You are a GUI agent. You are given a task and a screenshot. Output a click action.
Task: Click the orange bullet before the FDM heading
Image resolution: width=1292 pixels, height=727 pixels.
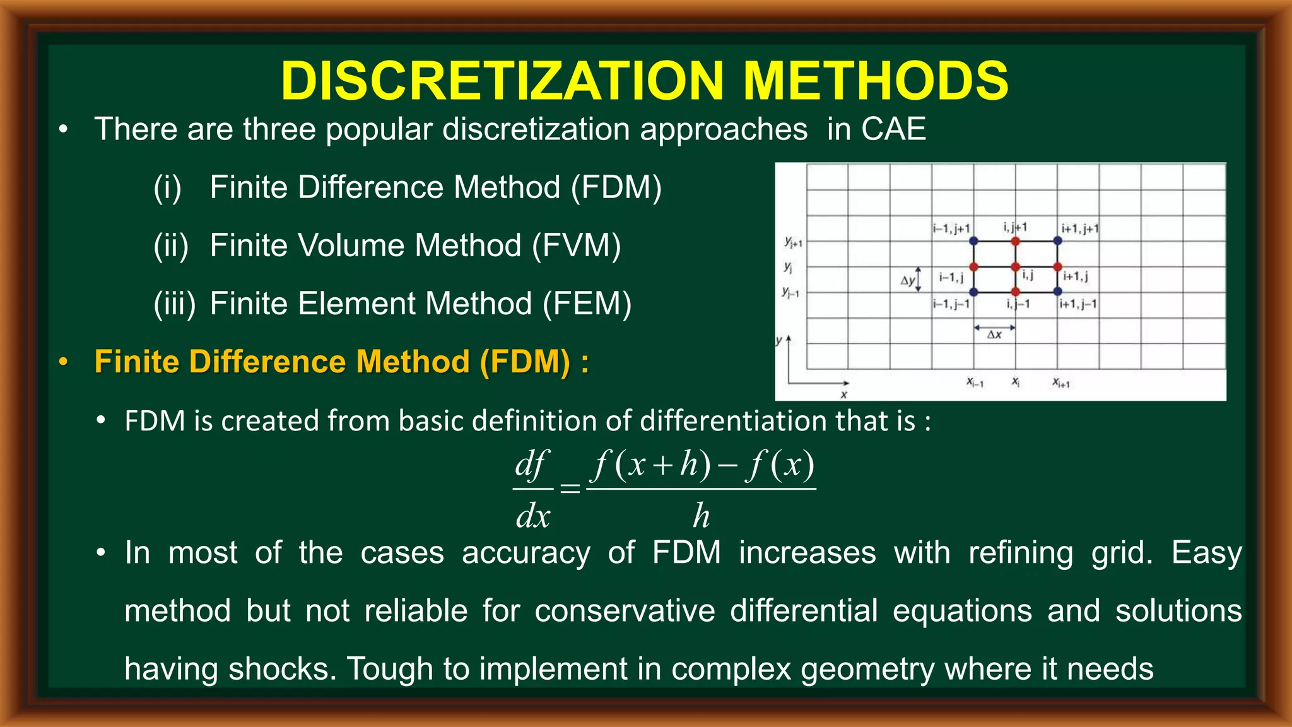62,363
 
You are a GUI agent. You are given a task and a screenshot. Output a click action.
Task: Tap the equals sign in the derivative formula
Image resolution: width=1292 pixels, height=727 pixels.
570,488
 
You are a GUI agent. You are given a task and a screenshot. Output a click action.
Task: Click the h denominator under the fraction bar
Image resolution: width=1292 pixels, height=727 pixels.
701,516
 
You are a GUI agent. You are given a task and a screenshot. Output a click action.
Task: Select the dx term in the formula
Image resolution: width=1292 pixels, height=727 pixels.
533,516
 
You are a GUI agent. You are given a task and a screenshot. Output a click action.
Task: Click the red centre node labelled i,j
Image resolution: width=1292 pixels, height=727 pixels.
1015,266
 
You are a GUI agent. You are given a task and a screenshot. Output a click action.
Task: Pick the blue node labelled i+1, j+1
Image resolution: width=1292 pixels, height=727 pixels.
1057,240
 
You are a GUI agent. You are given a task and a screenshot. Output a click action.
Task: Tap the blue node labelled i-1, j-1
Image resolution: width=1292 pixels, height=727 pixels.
973,292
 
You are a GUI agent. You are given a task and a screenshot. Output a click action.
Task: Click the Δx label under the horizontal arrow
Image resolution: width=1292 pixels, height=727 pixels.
994,335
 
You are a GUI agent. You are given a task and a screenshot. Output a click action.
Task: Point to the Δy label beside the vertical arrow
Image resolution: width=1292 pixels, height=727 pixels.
907,280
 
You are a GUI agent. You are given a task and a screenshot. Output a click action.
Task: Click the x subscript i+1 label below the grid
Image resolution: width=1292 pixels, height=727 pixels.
1060,382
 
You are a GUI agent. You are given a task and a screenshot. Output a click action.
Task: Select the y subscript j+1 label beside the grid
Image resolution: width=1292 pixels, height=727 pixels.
792,242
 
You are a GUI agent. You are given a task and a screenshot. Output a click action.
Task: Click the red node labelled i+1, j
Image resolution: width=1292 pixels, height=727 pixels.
1057,266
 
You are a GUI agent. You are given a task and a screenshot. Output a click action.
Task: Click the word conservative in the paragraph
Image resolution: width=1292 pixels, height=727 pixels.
625,611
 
